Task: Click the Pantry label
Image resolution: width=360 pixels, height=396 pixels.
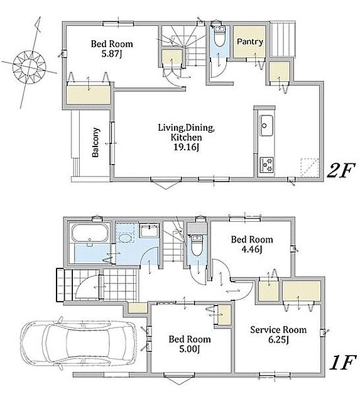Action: click(250, 41)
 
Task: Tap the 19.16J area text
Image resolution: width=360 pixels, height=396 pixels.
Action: click(187, 147)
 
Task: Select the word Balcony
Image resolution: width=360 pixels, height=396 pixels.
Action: click(95, 143)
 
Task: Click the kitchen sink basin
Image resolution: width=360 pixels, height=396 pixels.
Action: click(266, 126)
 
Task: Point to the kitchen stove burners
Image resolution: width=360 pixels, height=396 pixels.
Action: click(266, 165)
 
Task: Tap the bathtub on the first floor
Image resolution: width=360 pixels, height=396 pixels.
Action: click(90, 233)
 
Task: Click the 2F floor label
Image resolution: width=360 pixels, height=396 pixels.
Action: click(341, 170)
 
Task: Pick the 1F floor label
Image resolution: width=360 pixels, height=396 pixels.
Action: click(342, 363)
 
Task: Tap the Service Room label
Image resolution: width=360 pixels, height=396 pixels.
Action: click(278, 330)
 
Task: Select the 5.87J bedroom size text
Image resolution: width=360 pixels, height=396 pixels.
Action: click(112, 54)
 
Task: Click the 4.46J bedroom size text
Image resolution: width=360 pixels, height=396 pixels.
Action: click(252, 250)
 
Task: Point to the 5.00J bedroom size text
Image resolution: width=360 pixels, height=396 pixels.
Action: click(190, 349)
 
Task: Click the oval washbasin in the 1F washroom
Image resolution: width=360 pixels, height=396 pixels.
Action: click(124, 238)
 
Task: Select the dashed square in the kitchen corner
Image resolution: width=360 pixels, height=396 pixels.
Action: click(310, 168)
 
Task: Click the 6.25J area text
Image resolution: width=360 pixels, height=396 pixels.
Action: click(278, 340)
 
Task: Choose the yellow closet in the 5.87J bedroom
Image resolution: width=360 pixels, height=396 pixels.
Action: click(89, 95)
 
